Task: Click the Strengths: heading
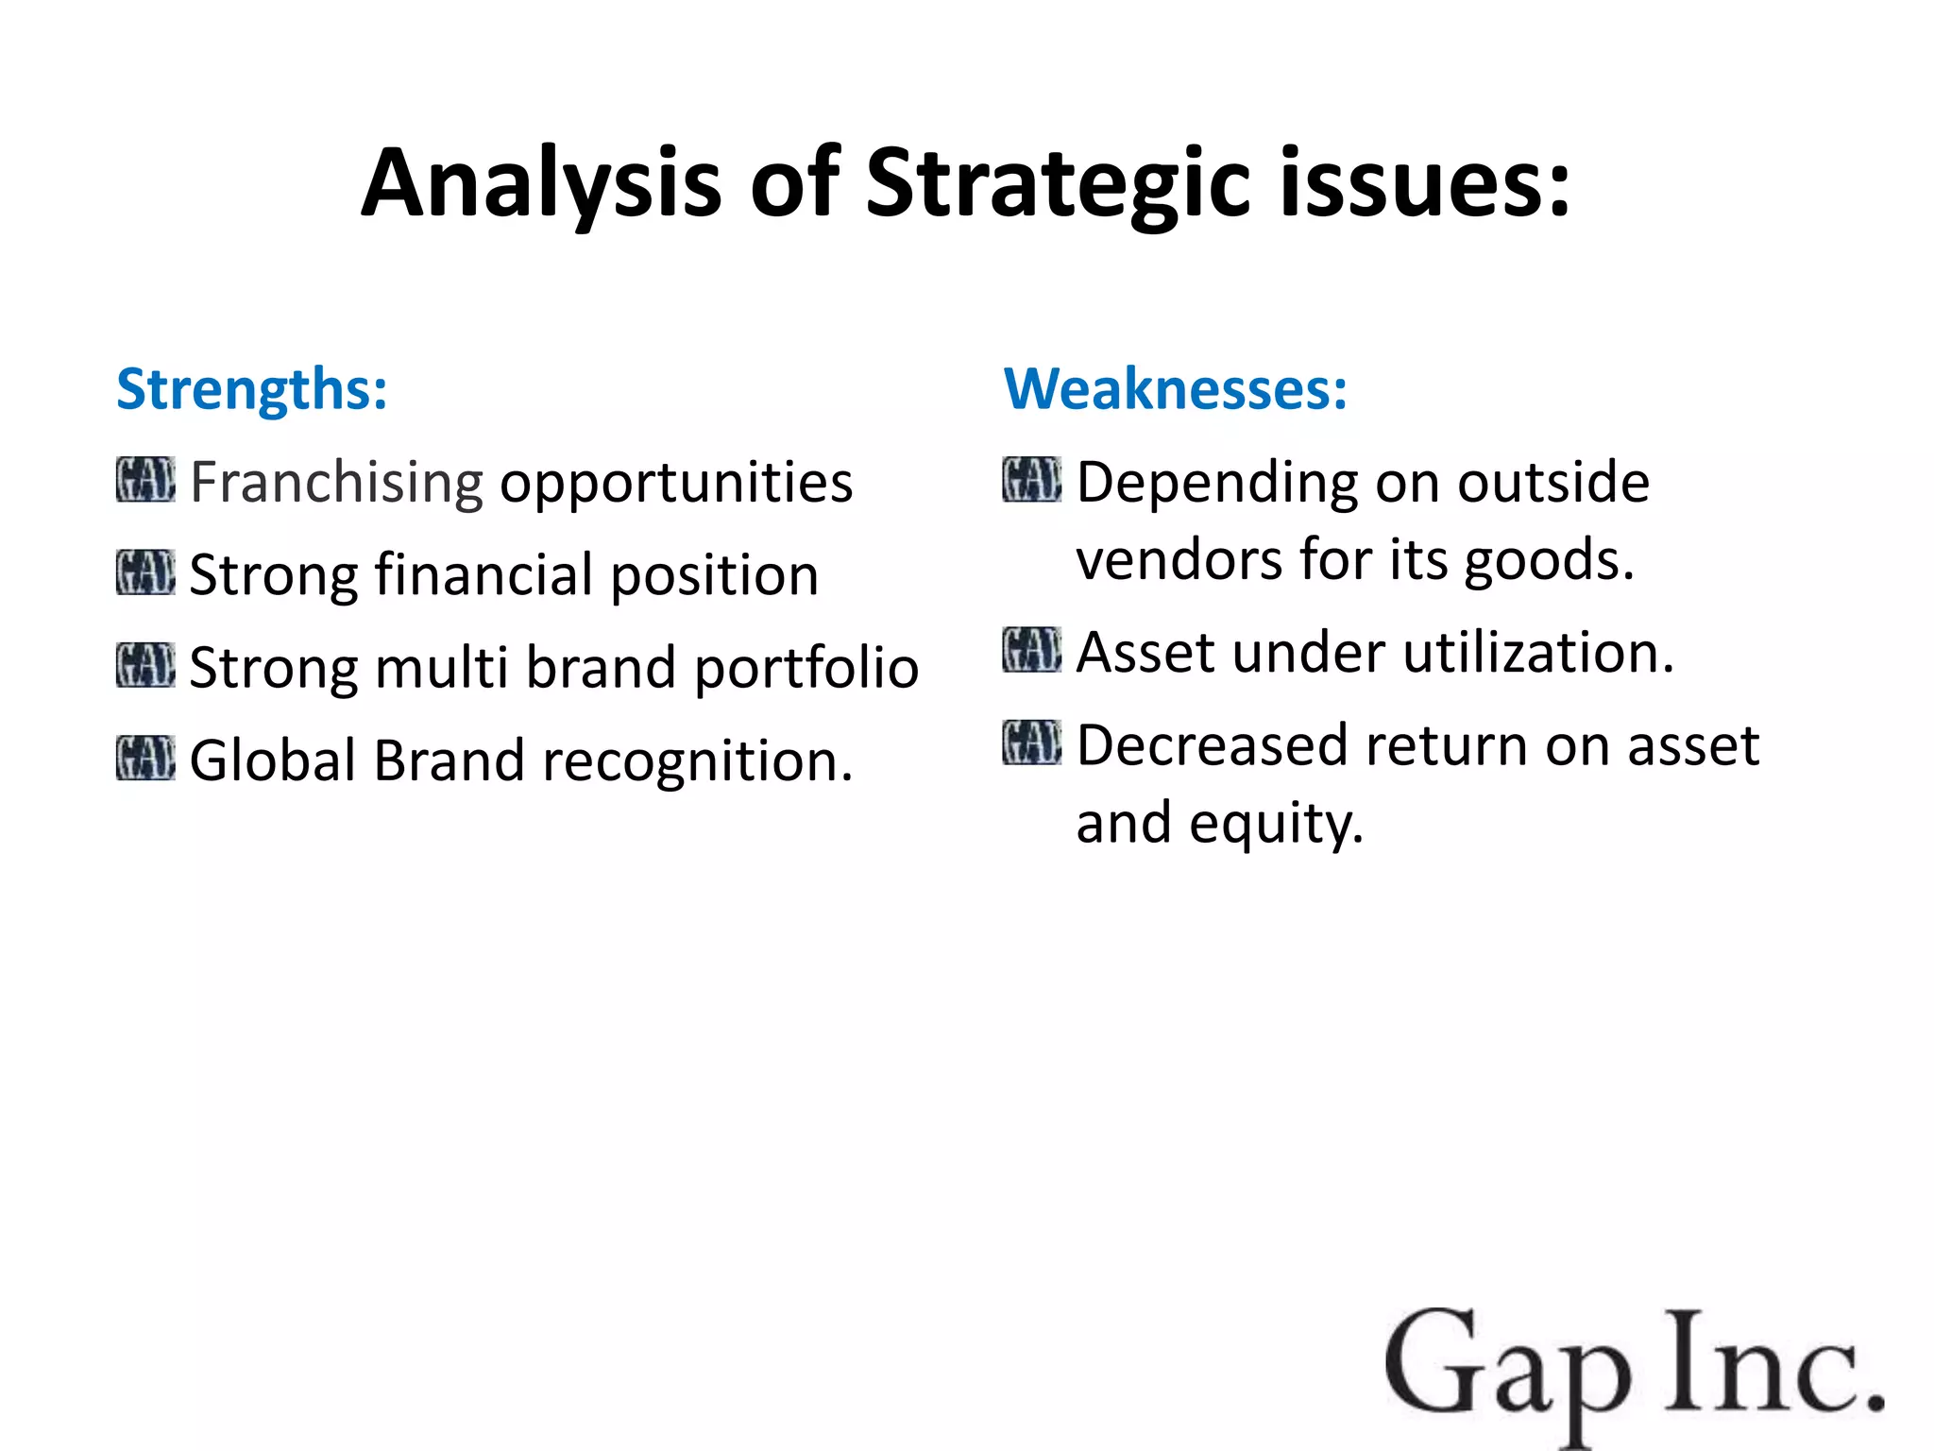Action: click(251, 389)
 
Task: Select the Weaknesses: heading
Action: click(1175, 389)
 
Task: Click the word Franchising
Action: click(336, 483)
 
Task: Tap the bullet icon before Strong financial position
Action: click(145, 572)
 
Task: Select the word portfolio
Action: click(806, 669)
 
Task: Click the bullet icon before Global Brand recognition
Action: click(145, 758)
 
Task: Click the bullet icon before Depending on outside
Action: click(1031, 480)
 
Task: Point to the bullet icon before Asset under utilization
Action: click(1031, 649)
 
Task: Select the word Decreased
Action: click(1213, 745)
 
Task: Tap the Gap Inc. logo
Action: click(1633, 1370)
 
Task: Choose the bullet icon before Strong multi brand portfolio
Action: click(145, 665)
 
